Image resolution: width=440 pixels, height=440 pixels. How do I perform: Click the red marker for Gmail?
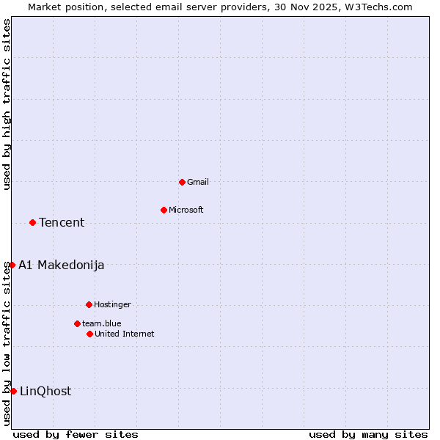(182, 182)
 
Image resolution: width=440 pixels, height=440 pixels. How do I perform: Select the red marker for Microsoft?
(164, 210)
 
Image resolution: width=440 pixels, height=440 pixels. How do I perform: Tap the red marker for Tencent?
(32, 222)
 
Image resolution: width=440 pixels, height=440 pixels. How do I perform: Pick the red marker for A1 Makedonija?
(12, 265)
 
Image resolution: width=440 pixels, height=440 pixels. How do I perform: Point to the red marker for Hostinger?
(89, 304)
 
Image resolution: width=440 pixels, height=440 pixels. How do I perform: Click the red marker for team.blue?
(77, 323)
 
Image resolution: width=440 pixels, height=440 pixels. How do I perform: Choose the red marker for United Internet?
(89, 334)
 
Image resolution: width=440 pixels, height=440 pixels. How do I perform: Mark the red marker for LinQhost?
(13, 391)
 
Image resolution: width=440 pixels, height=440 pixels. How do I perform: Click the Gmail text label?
(198, 182)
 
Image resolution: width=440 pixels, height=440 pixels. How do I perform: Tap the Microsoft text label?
(186, 210)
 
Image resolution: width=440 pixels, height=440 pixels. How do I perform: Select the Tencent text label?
(62, 222)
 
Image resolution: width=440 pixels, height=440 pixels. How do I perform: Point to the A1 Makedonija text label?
(62, 265)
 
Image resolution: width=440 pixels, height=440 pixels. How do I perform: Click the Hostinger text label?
(112, 304)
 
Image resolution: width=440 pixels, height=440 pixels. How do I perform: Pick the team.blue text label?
(102, 323)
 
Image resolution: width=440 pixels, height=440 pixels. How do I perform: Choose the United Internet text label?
(125, 334)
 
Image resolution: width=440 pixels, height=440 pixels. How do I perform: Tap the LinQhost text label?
(45, 391)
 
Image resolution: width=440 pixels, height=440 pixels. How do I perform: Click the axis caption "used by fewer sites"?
(76, 434)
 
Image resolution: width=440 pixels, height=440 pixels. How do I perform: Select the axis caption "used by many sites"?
(368, 434)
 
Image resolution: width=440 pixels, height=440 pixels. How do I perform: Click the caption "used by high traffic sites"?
(7, 104)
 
